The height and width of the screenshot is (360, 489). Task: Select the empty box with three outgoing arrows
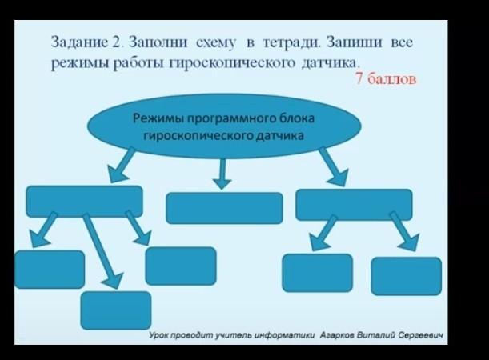[x=85, y=201]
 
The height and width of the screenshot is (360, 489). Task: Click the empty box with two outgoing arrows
[x=354, y=205]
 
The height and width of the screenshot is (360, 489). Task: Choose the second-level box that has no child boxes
[x=224, y=207]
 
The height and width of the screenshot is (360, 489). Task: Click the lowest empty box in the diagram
[x=116, y=310]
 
